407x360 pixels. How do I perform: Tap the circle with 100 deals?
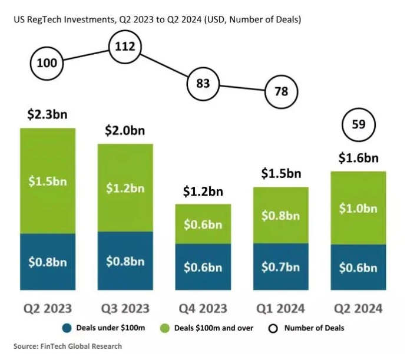[x=47, y=62]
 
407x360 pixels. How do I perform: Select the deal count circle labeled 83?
[x=203, y=84]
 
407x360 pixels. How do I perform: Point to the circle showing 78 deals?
[x=281, y=91]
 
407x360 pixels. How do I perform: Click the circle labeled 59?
[x=359, y=124]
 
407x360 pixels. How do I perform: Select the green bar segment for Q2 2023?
[x=48, y=180]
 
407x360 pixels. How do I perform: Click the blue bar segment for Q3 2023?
[x=125, y=260]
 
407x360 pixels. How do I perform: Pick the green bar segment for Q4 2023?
[x=203, y=224]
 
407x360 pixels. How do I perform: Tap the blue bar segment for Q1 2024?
[x=280, y=267]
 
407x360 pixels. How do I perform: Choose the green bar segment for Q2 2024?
[x=358, y=207]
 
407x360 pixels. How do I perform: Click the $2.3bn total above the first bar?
[x=48, y=115]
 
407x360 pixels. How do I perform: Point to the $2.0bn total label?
[x=125, y=131]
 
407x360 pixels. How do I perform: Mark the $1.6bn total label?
[x=358, y=158]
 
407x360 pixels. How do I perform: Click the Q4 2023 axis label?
[x=203, y=308]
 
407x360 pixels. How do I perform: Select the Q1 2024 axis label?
[x=280, y=308]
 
